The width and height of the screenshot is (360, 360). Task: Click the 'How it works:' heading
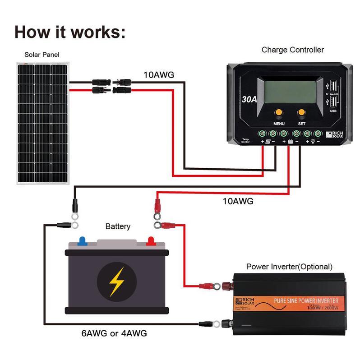(70, 32)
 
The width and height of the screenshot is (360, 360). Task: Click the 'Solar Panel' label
(42, 55)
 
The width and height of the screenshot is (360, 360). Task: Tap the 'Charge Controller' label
(292, 50)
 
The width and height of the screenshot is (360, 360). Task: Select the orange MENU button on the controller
(279, 112)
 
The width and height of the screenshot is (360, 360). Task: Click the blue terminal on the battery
(83, 240)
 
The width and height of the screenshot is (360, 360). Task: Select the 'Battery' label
(118, 226)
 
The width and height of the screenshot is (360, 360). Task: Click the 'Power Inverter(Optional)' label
(289, 267)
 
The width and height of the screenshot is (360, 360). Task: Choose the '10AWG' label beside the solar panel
(159, 74)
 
